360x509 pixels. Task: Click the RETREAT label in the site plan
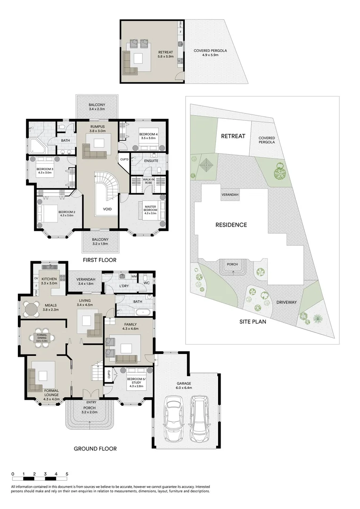pos(233,136)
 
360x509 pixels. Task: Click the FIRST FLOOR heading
pos(99,260)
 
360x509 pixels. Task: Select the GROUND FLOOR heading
pos(95,449)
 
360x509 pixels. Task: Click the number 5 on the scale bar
pos(67,474)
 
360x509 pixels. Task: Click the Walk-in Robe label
pos(148,183)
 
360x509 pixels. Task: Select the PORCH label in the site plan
pos(231,264)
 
